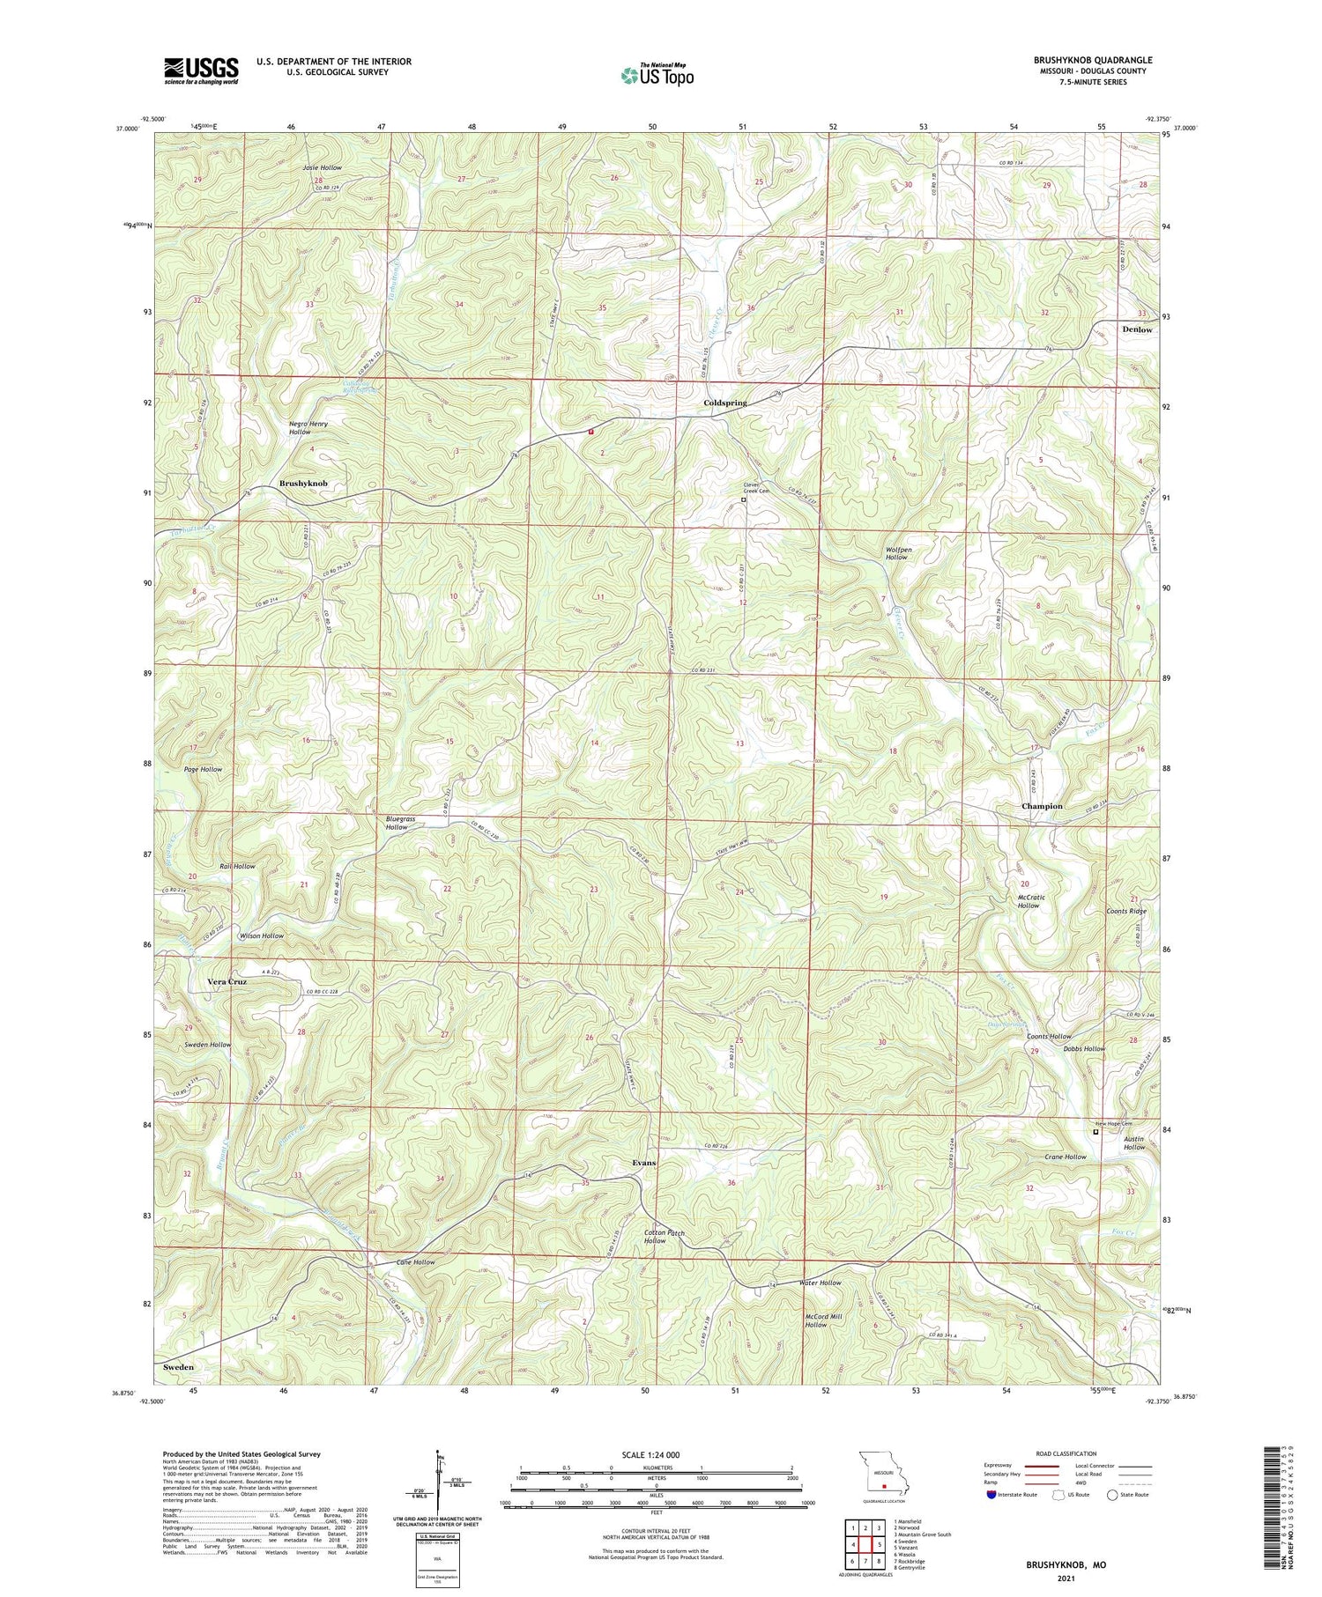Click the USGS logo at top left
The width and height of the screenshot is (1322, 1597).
pyautogui.click(x=201, y=70)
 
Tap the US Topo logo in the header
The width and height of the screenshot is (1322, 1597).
pyautogui.click(x=657, y=75)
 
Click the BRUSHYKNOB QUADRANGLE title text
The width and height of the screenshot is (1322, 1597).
pyautogui.click(x=1081, y=60)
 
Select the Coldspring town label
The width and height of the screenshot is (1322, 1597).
pyautogui.click(x=724, y=403)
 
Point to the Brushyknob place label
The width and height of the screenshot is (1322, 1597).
pyautogui.click(x=303, y=484)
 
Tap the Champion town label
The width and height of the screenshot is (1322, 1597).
pyautogui.click(x=1042, y=806)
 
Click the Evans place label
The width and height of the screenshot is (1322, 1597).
pyautogui.click(x=644, y=1163)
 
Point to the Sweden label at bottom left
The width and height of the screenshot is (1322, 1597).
pyautogui.click(x=178, y=1366)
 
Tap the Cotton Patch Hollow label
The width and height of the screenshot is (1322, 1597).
pyautogui.click(x=664, y=1237)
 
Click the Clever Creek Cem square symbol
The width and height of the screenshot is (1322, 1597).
pyautogui.click(x=743, y=499)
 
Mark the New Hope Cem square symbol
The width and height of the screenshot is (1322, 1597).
pyautogui.click(x=1095, y=1133)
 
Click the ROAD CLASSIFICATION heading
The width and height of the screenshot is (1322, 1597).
pyautogui.click(x=1066, y=1453)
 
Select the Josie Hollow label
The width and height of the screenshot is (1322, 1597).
pyautogui.click(x=322, y=167)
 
